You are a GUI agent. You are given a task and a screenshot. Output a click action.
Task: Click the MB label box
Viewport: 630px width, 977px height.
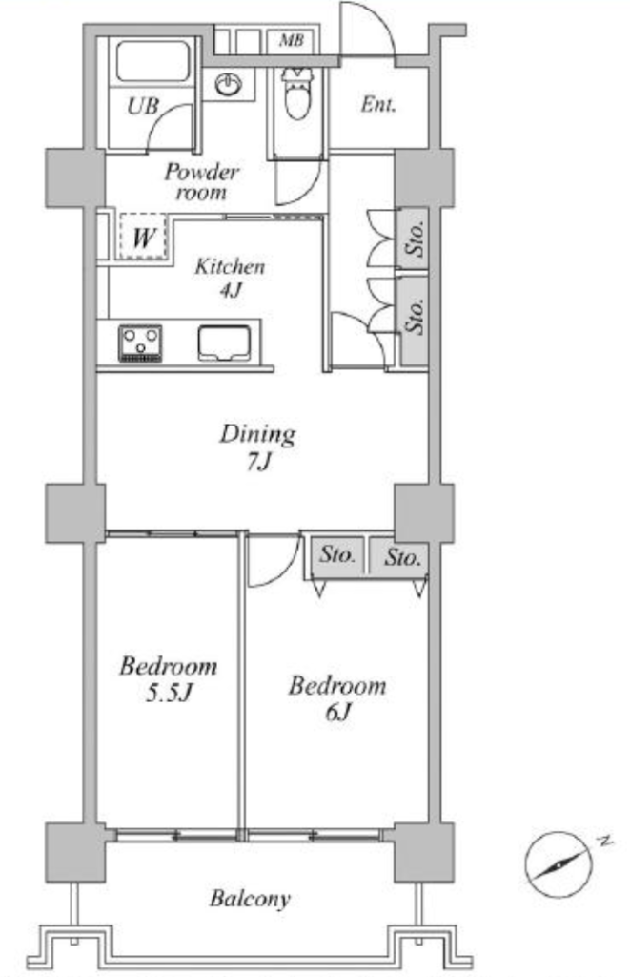(x=292, y=41)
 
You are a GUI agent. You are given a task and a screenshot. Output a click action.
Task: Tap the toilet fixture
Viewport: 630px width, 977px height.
(x=296, y=93)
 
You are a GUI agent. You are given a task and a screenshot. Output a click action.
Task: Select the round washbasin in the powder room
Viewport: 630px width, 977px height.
(x=229, y=85)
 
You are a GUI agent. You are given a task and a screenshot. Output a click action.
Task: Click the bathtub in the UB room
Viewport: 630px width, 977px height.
(x=152, y=61)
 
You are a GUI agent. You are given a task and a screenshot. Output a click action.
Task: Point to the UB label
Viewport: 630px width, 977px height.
(x=143, y=106)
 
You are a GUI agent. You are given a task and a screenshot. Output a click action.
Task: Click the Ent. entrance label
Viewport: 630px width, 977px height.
(x=377, y=104)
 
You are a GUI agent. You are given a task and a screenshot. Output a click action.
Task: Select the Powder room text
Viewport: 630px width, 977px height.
(x=201, y=181)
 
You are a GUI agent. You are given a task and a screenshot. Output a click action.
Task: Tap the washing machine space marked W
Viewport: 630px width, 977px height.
(x=144, y=237)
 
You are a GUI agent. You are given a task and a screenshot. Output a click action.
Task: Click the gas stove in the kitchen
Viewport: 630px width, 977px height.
(x=140, y=343)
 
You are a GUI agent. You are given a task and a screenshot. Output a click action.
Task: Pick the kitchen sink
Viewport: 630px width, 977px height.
(x=224, y=343)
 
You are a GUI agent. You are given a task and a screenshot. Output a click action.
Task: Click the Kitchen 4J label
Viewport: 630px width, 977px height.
(x=230, y=278)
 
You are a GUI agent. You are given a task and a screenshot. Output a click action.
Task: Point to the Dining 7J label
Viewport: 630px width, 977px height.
(x=257, y=447)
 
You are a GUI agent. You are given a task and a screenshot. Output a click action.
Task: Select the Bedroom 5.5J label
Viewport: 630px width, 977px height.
(x=168, y=679)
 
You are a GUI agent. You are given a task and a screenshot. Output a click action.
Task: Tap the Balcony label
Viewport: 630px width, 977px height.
(x=251, y=899)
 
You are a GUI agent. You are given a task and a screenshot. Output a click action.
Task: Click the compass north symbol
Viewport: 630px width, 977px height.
(x=559, y=864)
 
